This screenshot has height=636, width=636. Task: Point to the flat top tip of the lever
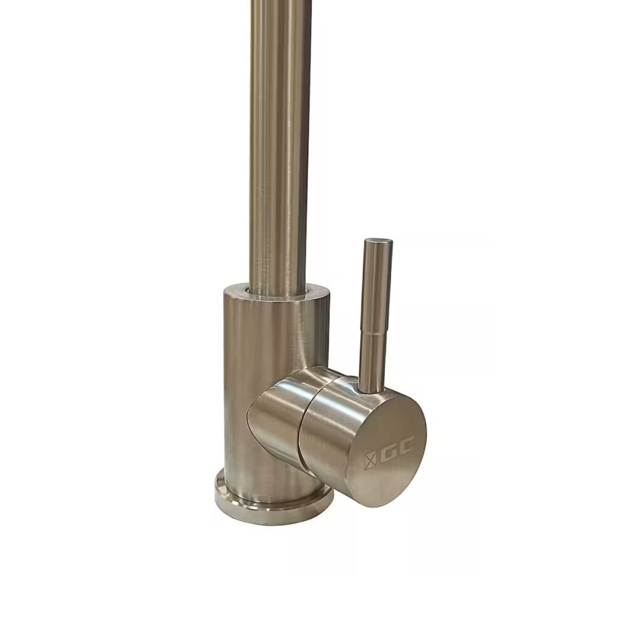tap(378, 241)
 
